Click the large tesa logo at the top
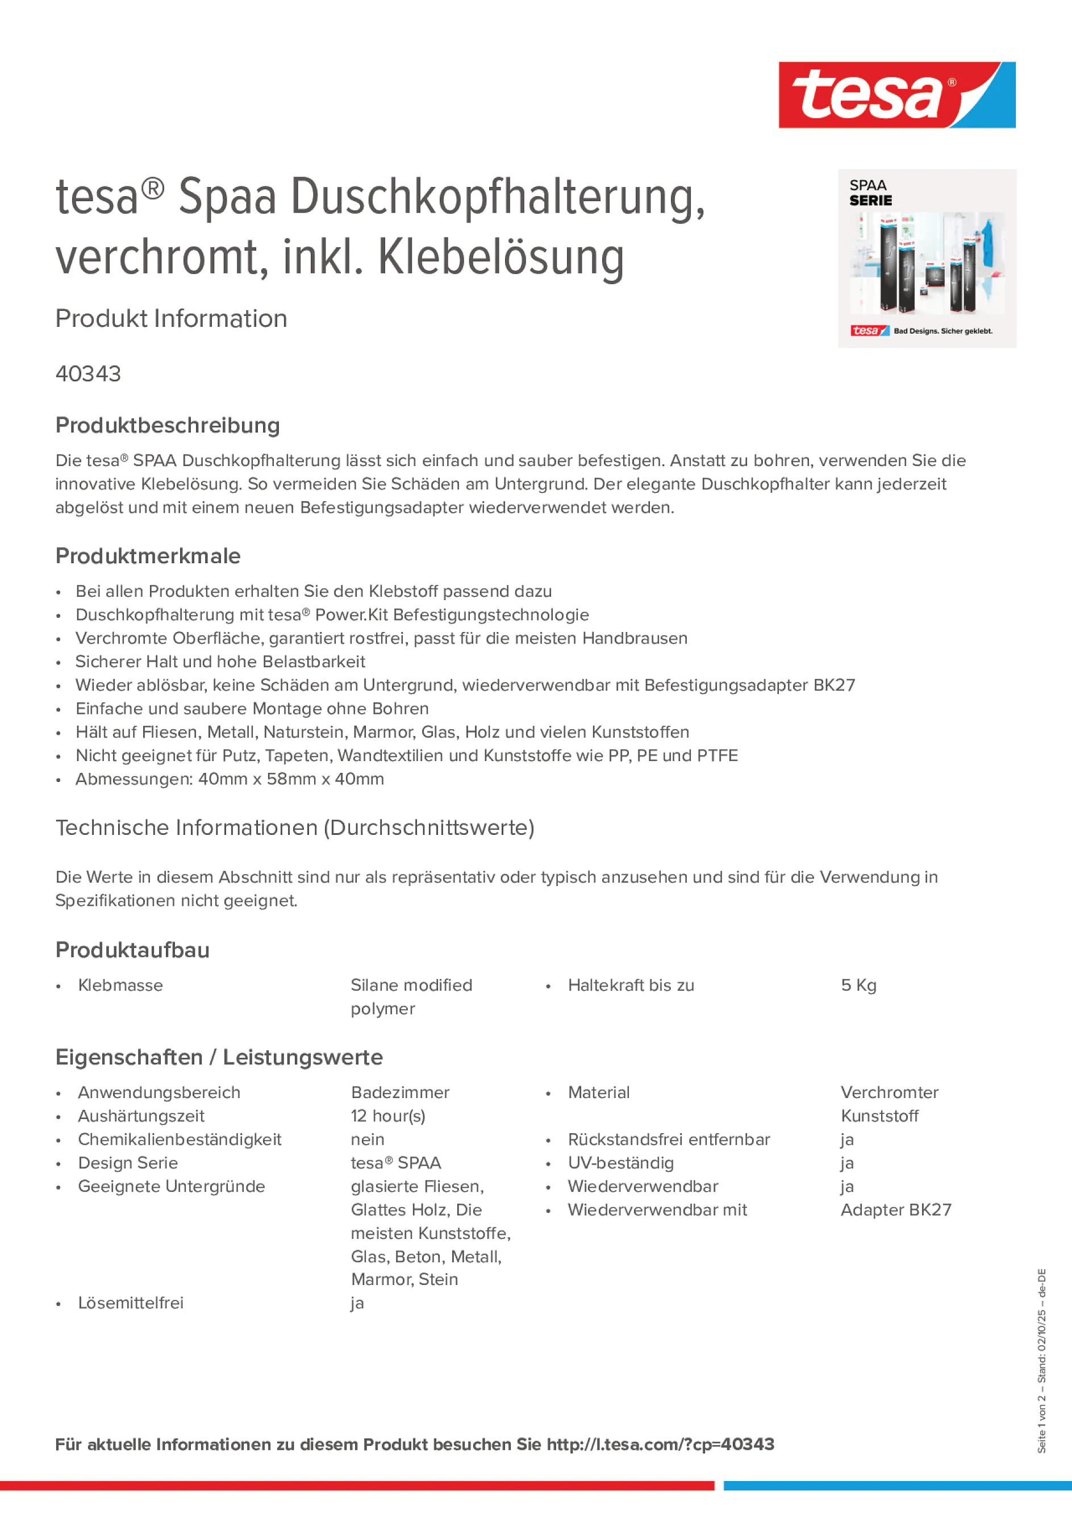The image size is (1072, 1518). [896, 95]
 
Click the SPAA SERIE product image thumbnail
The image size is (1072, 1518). [927, 259]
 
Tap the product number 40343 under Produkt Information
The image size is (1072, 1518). [89, 374]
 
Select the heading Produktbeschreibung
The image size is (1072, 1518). [168, 426]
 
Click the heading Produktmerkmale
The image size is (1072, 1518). [148, 556]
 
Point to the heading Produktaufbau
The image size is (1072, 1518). [132, 950]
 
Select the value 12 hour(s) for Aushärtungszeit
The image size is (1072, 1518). [388, 1116]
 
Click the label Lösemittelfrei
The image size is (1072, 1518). [131, 1303]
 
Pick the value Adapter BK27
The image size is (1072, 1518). [895, 1210]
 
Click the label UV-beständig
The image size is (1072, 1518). [620, 1163]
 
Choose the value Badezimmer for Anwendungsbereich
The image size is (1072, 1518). [400, 1092]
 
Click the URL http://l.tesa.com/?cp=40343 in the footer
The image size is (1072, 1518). [660, 1445]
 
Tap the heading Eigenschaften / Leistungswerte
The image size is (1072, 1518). [219, 1057]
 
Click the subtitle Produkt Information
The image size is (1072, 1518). [171, 319]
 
